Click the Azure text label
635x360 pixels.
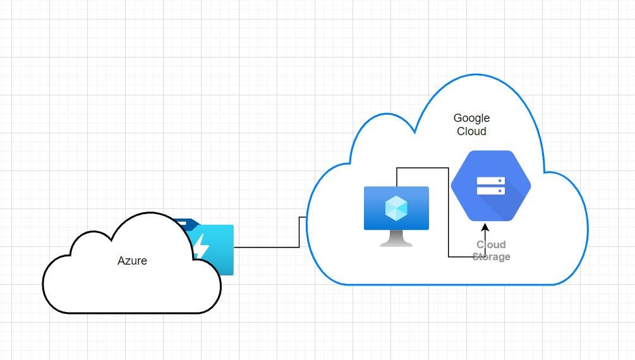(132, 260)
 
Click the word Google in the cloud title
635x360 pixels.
(471, 118)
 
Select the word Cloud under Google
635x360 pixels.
(471, 131)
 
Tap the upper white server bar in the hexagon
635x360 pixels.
(490, 180)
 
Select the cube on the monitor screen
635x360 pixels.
(396, 206)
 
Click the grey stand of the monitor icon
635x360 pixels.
(396, 238)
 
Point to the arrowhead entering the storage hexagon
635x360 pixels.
(485, 225)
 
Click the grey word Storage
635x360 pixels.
(491, 257)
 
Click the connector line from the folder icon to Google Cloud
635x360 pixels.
(265, 247)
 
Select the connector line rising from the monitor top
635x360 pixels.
(396, 177)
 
